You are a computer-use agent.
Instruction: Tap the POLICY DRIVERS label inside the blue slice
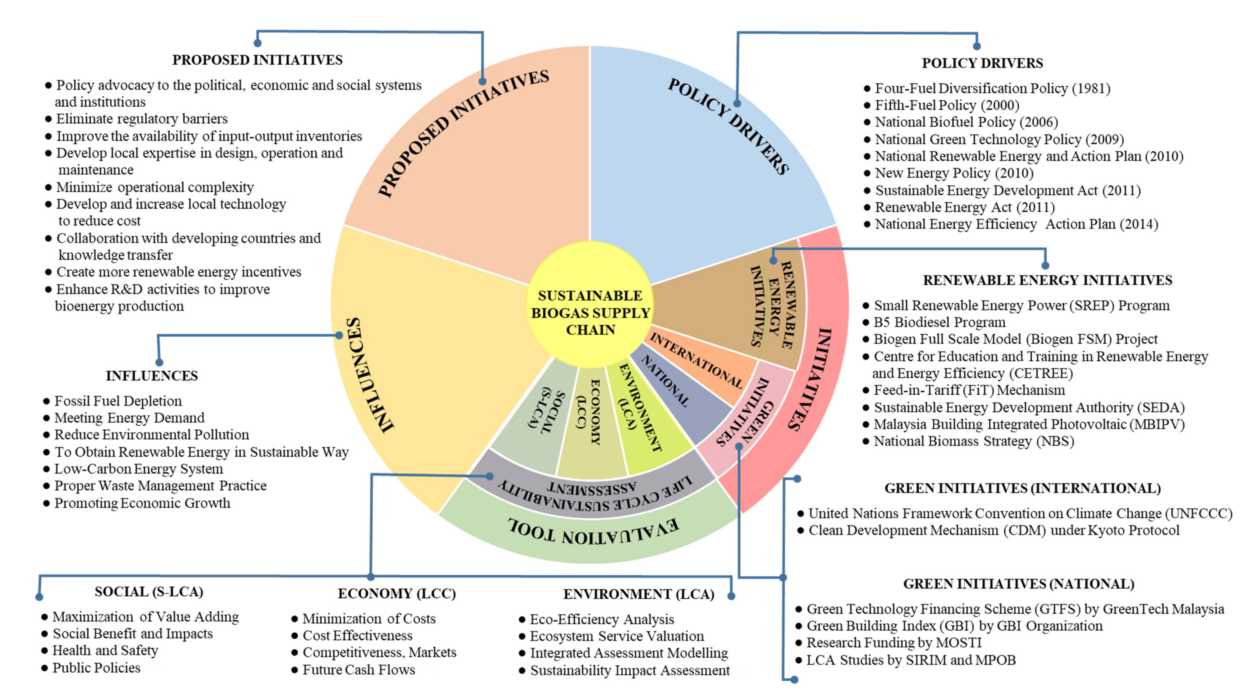[x=728, y=125]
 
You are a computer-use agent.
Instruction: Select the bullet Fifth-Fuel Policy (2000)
[x=947, y=105]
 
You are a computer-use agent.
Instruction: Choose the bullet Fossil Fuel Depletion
[x=118, y=401]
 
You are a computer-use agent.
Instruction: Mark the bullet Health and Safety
[x=105, y=650]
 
